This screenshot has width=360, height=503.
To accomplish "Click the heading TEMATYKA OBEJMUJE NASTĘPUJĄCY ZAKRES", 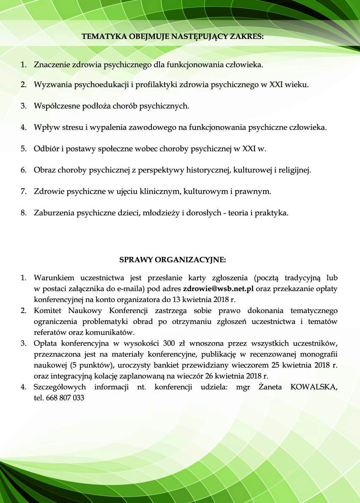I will pos(173,36).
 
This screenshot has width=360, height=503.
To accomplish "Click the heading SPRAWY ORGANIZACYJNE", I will pos(173,259).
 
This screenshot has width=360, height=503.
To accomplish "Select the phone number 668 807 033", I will pos(67,398).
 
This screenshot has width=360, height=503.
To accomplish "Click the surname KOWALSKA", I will pos(314,387).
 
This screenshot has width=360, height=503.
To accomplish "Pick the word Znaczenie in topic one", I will pos(52,66).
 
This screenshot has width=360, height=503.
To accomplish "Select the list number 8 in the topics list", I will pos(23,213).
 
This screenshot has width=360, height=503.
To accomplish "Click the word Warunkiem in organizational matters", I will pos(54,278).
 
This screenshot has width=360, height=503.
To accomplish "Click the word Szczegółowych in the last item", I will pos(60,387).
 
